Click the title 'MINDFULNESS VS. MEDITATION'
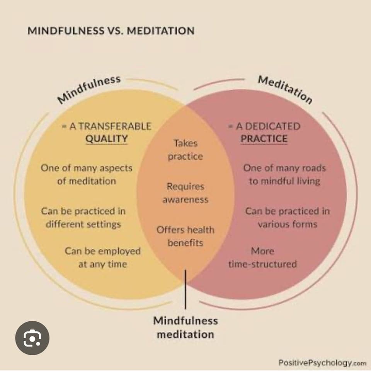(111, 31)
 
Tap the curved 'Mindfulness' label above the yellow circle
(89, 89)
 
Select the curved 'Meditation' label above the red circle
(285, 89)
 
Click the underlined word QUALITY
(106, 139)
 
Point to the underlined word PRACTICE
(264, 139)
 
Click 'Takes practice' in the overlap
(185, 150)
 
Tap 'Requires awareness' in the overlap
(185, 193)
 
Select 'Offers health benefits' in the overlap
(185, 236)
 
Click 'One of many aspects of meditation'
(87, 175)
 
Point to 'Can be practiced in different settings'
(83, 218)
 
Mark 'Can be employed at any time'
(102, 258)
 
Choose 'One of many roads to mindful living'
(284, 175)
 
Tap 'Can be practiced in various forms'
(287, 218)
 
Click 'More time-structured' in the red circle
(262, 258)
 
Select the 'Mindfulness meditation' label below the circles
(185, 327)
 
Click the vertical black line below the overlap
(185, 290)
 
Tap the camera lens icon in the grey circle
(32, 338)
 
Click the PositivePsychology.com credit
(322, 363)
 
